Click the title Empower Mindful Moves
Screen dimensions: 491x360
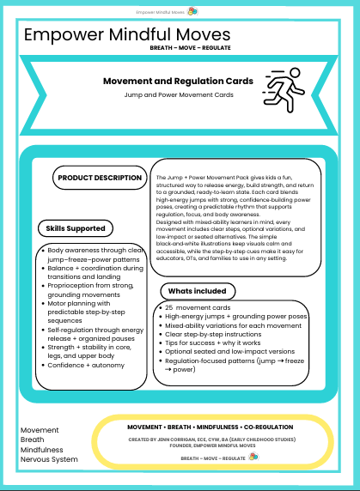click(127, 35)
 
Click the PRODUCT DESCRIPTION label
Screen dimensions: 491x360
click(100, 179)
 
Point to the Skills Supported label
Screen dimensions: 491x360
click(76, 228)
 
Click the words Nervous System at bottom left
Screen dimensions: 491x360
click(49, 459)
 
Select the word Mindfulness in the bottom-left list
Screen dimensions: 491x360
click(43, 448)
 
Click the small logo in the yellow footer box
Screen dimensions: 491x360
click(252, 458)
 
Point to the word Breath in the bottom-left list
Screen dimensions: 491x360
click(33, 438)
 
